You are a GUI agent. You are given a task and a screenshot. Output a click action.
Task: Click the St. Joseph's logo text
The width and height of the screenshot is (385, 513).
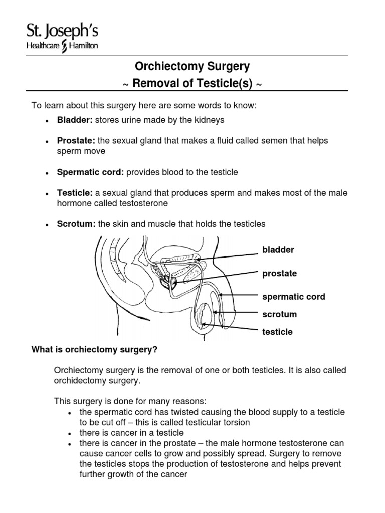(55, 32)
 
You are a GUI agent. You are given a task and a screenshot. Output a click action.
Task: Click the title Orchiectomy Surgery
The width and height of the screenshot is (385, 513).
(192, 66)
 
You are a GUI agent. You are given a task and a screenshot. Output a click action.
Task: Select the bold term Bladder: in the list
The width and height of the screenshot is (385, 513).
(72, 120)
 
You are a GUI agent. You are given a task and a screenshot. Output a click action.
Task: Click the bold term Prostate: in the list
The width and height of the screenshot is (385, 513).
(73, 141)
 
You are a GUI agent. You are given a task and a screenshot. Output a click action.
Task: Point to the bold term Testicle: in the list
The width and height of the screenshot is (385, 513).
(72, 193)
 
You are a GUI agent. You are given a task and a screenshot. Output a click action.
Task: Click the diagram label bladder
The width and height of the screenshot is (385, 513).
(278, 250)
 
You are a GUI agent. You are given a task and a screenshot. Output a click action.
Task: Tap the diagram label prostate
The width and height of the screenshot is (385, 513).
(279, 274)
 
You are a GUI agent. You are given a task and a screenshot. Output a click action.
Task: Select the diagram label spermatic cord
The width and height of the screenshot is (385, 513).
(293, 297)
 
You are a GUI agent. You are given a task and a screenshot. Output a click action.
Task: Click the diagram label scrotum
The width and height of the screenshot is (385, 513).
(279, 314)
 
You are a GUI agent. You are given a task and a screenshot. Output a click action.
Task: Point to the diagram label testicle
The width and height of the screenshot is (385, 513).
(277, 332)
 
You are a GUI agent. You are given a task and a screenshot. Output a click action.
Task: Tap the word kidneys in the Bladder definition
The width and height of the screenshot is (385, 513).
(209, 120)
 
